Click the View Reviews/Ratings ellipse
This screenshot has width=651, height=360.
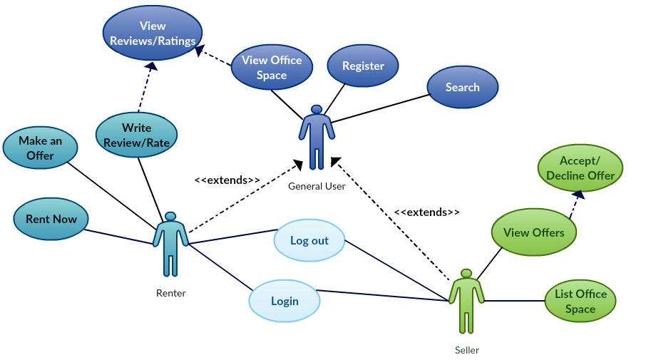tap(153, 34)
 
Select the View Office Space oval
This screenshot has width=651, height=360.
tap(272, 68)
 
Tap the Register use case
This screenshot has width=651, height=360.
tap(363, 66)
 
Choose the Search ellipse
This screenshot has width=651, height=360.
tap(462, 87)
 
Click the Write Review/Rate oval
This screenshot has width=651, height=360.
tap(136, 135)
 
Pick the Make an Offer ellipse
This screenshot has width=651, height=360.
tap(40, 148)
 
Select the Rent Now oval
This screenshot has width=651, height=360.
tap(51, 219)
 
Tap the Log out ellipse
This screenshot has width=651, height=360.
tap(309, 240)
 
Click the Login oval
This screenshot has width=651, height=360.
tap(285, 301)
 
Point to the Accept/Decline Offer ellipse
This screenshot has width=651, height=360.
tap(580, 168)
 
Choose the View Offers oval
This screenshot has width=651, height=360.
tap(533, 232)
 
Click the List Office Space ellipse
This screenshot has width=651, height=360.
tap(580, 301)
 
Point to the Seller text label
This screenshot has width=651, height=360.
tap(467, 350)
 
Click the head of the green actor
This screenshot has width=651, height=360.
tap(466, 273)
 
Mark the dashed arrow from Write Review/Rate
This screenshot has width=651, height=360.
tap(144, 88)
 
